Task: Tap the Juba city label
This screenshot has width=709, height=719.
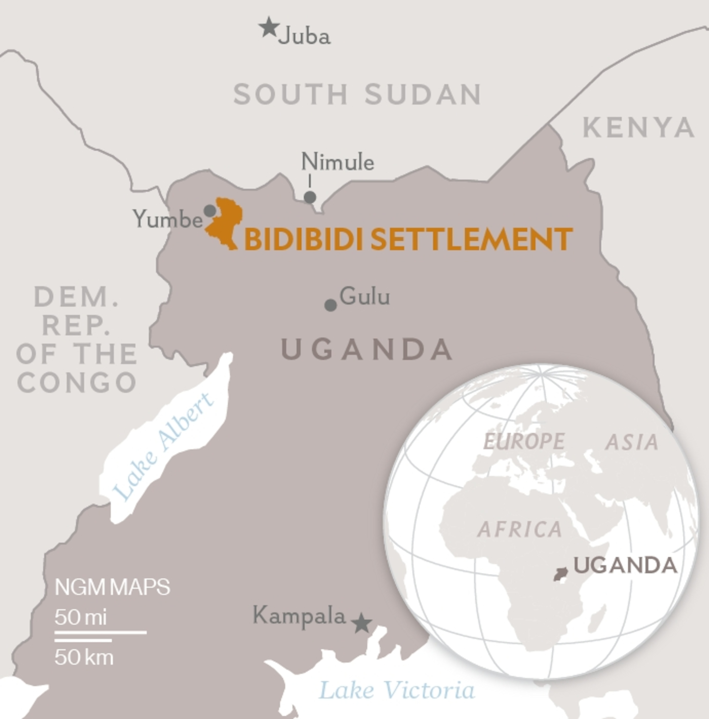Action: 304,37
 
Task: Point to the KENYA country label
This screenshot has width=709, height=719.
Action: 638,128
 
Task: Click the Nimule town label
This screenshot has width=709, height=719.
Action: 337,162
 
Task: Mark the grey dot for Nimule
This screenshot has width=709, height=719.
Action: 310,197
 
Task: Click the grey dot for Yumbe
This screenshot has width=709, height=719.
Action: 210,211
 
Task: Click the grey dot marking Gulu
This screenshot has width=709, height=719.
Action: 331,305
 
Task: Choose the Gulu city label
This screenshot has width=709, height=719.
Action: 365,297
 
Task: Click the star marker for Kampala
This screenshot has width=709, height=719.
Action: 362,623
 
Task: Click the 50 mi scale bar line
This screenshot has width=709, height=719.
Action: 100,632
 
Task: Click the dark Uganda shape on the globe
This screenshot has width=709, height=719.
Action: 560,574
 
